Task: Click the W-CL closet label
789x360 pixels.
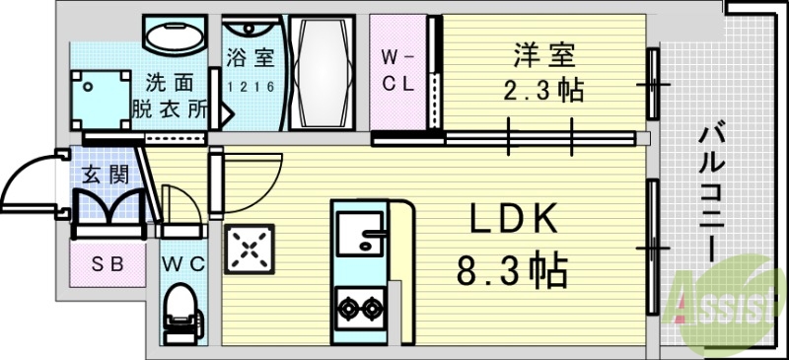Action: [398, 70]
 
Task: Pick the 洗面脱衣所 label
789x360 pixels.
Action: [170, 96]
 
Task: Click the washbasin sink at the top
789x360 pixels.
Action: [174, 36]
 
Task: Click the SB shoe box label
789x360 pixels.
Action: [108, 263]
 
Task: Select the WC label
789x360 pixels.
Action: [183, 263]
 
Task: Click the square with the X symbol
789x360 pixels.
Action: [251, 251]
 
